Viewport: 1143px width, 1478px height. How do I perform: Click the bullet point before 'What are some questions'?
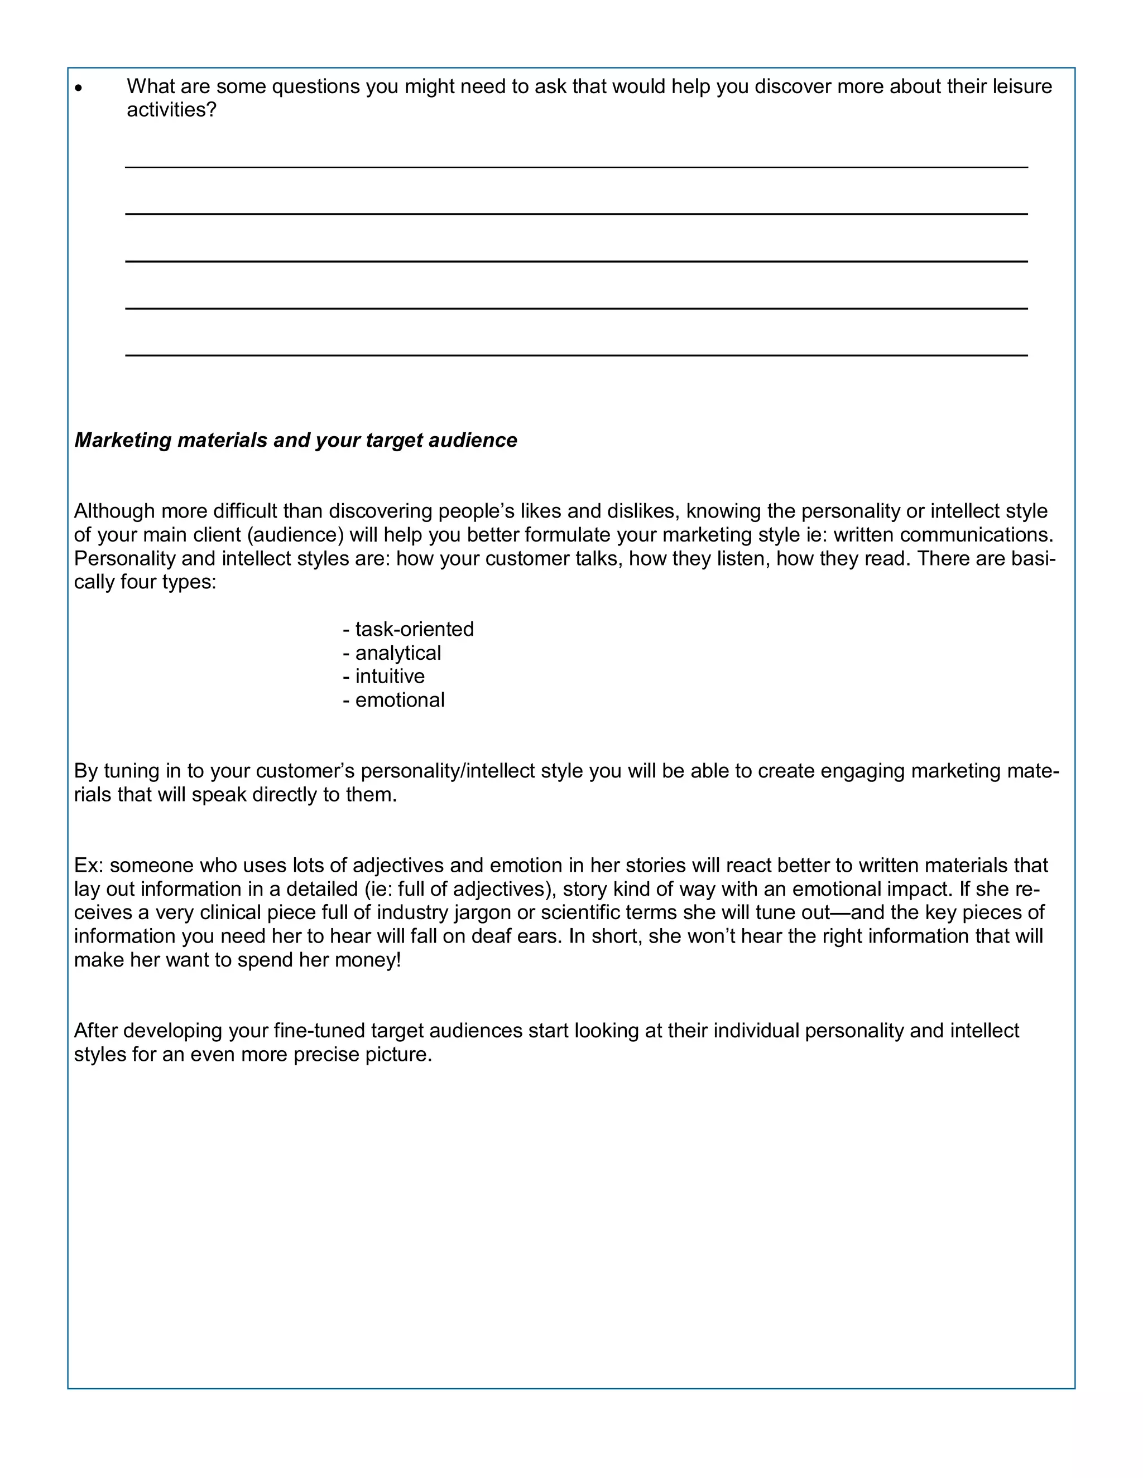pyautogui.click(x=79, y=89)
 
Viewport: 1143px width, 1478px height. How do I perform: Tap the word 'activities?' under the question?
pyautogui.click(x=171, y=110)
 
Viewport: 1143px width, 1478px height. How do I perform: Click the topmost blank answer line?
pyautogui.click(x=575, y=166)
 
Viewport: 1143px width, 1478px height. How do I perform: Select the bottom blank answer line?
pyautogui.click(x=575, y=355)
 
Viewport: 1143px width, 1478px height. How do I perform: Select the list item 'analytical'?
pyautogui.click(x=397, y=653)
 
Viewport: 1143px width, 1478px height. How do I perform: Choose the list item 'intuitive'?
pyautogui.click(x=390, y=677)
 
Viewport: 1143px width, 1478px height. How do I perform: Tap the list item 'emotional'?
pyautogui.click(x=400, y=701)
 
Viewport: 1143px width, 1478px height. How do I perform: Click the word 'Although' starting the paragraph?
pyautogui.click(x=114, y=511)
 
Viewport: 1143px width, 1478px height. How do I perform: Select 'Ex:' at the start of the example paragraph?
pyautogui.click(x=89, y=866)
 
